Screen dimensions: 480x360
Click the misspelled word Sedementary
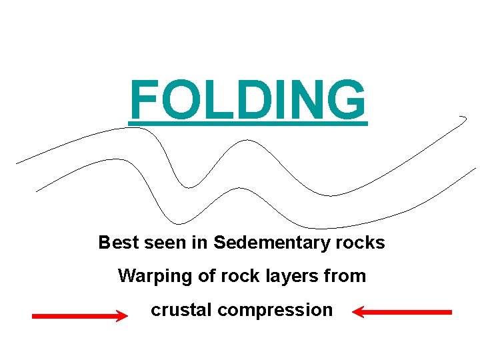pyautogui.click(x=271, y=243)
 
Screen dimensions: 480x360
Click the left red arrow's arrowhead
pyautogui.click(x=122, y=316)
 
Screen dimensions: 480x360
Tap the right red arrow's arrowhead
pyautogui.click(x=357, y=311)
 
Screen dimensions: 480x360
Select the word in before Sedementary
pyautogui.click(x=200, y=243)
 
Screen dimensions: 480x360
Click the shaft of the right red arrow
pyautogui.click(x=410, y=311)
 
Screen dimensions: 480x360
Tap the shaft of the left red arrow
pyautogui.click(x=73, y=317)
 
